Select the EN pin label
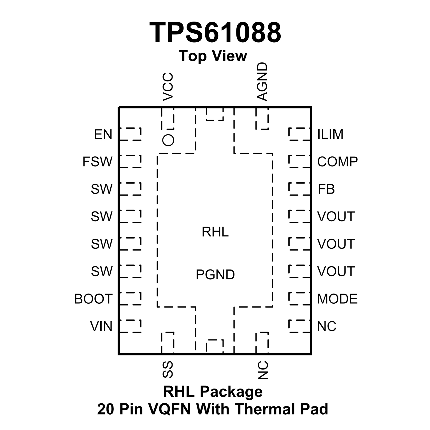pos(103,134)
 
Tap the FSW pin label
pos(97,162)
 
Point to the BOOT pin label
pos(93,299)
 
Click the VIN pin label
pos(101,326)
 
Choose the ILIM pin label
pos(330,134)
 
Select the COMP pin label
pos(337,162)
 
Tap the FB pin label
pos(326,189)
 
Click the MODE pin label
pos(337,299)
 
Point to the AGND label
pos(262,82)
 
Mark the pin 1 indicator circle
pos(168,140)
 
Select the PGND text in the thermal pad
pos(215,275)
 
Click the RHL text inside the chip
pos(215,232)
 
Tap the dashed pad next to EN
pos(130,134)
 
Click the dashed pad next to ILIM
pos(299,134)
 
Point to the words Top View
pos(213,56)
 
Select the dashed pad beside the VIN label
pos(130,326)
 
